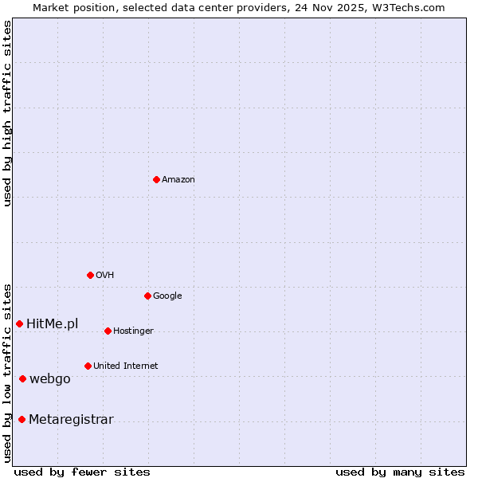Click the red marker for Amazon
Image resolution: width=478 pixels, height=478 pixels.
pos(156,179)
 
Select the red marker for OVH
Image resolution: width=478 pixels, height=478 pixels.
pos(90,275)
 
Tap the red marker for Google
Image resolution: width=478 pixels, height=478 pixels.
pos(147,296)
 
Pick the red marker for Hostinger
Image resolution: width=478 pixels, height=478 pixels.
pos(108,331)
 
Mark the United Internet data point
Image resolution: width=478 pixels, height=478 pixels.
pos(88,366)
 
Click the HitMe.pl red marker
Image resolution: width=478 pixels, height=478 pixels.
pos(19,323)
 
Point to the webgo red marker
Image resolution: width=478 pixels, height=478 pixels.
pos(22,378)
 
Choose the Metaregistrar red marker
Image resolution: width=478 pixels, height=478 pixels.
pos(22,419)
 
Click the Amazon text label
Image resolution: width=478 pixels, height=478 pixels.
pos(178,180)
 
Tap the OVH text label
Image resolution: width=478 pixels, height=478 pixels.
pos(105,276)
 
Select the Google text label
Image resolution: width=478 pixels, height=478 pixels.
pos(167,296)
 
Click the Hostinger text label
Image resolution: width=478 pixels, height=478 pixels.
pos(133,331)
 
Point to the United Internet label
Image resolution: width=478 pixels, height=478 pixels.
pos(126,366)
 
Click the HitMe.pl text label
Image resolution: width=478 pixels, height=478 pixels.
pos(53,324)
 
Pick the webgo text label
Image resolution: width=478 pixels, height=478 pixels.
pos(50,379)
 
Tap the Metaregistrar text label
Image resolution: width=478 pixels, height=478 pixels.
pos(71,420)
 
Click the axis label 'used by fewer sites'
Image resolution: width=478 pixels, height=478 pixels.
pos(82,472)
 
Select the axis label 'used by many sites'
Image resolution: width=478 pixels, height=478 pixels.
pos(400,472)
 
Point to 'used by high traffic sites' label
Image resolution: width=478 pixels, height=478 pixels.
pos(7,113)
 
